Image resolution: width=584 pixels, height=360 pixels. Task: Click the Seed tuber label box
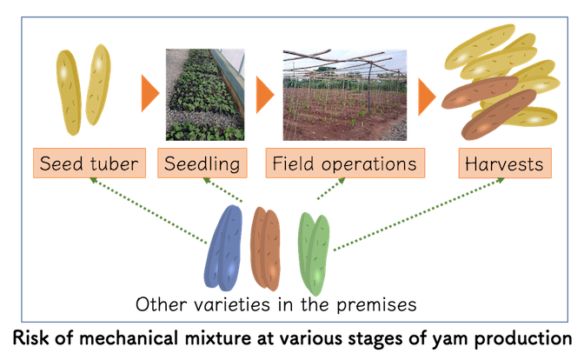coord(89,163)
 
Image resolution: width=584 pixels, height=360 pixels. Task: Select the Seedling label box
coord(203,163)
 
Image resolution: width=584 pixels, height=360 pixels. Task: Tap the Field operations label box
coord(345,163)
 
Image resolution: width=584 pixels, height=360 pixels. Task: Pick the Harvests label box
coord(504,163)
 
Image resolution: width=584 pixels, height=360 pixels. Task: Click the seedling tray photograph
coord(205,96)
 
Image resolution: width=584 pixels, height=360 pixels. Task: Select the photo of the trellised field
coord(344,94)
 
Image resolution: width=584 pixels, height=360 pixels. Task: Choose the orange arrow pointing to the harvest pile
coord(426,96)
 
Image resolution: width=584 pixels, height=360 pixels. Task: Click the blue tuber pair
coord(225,248)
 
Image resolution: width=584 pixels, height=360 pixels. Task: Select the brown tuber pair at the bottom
coord(265,247)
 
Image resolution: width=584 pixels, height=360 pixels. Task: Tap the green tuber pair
coord(313,252)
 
